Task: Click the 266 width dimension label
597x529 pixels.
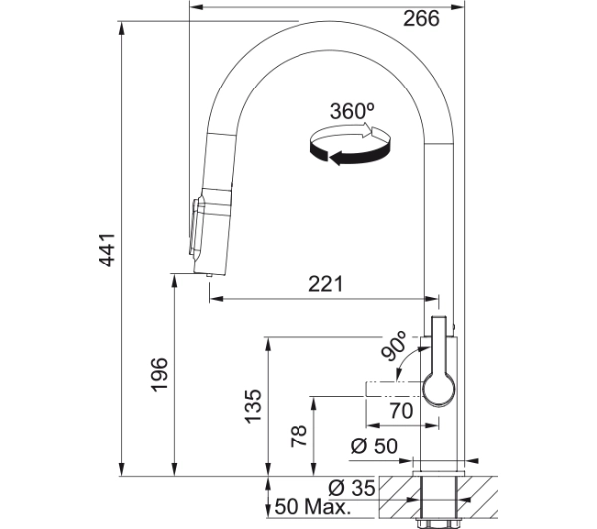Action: [x=421, y=18]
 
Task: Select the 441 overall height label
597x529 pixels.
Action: [x=107, y=250]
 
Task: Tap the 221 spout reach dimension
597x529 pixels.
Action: [x=326, y=284]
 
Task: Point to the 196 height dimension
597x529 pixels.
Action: [x=159, y=374]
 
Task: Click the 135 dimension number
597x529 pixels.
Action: [x=253, y=406]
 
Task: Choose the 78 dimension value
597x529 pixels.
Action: [x=298, y=437]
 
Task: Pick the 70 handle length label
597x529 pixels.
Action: [x=401, y=411]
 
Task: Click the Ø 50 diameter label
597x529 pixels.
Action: [x=374, y=446]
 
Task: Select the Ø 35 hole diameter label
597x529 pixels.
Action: [x=352, y=488]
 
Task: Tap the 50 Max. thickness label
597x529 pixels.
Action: [x=312, y=507]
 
